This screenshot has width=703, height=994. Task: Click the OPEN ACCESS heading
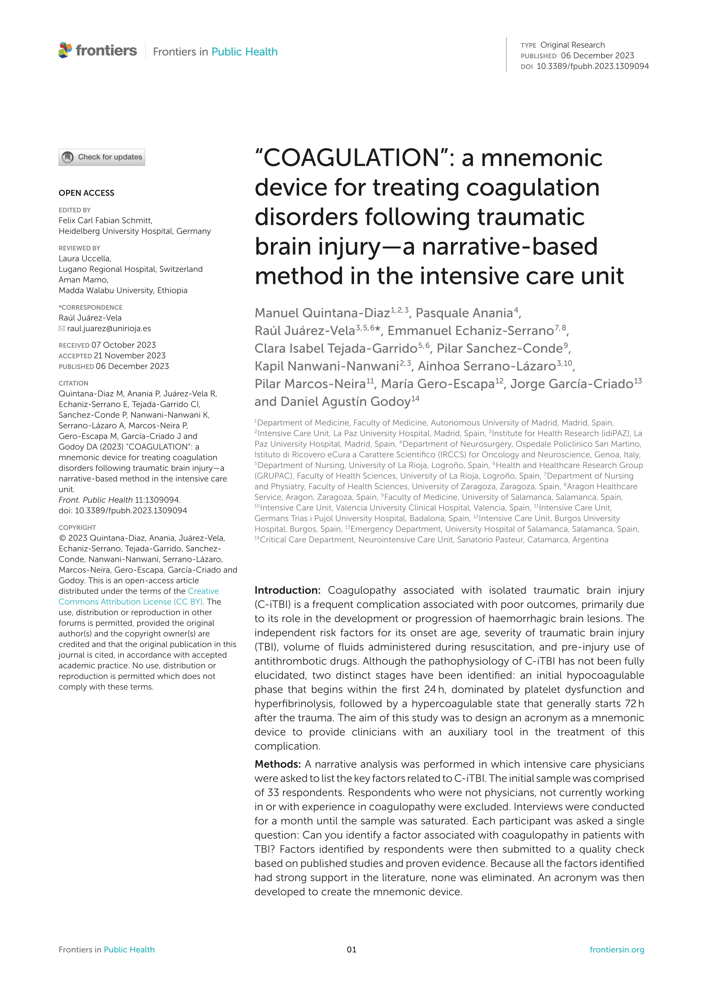(86, 193)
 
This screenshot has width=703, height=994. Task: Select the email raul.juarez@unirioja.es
(109, 328)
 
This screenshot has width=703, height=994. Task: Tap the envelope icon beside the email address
(62, 328)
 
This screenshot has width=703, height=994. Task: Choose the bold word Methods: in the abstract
(278, 764)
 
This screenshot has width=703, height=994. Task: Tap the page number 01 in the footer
(351, 950)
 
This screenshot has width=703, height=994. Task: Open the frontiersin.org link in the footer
(617, 950)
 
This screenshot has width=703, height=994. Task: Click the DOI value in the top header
(592, 66)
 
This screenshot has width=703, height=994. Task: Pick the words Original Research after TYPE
(572, 45)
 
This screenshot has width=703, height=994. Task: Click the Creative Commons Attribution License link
(139, 597)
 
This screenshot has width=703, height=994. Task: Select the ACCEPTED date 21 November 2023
(130, 355)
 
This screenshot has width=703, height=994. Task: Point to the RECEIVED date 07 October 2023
(123, 345)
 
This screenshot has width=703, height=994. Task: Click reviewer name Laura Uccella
(85, 258)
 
